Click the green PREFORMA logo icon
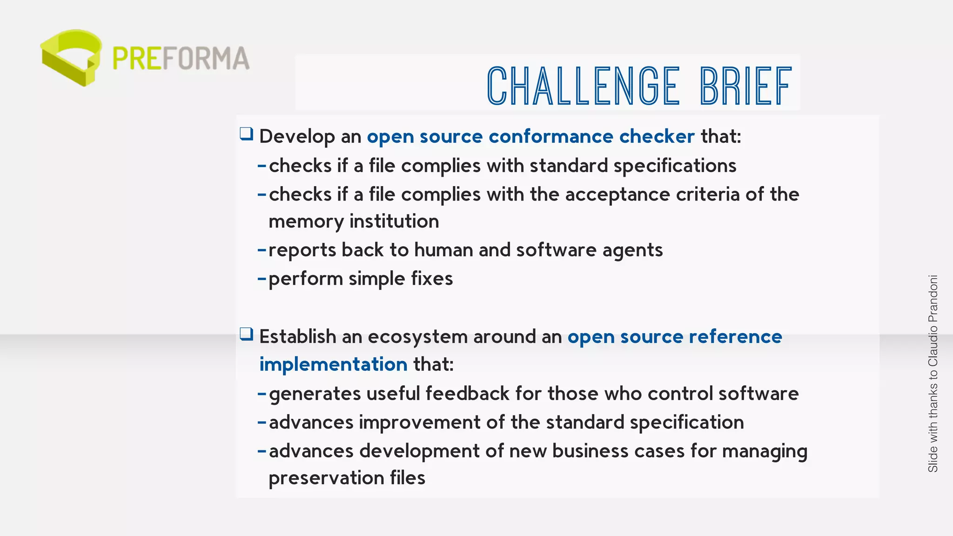point(71,57)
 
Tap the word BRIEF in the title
point(745,86)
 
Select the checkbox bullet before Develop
point(247,134)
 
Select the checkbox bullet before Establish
point(247,335)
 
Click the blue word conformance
point(551,136)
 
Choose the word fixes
point(432,279)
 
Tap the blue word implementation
point(333,364)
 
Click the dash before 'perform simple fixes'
point(262,279)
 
